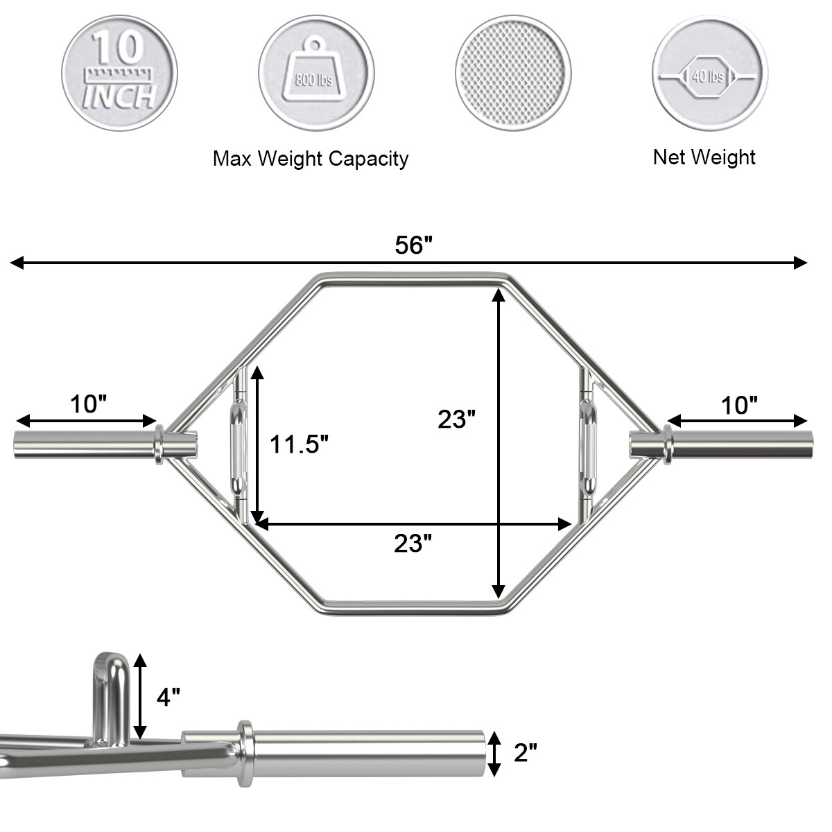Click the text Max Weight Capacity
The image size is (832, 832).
[310, 159]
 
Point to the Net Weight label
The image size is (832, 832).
[704, 157]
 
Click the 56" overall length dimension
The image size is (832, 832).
[413, 245]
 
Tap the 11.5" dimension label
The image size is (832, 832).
[299, 444]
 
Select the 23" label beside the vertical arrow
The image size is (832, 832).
[456, 419]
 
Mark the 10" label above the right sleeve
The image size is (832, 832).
[739, 405]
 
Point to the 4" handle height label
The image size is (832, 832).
[168, 697]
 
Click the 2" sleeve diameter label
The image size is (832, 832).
[525, 753]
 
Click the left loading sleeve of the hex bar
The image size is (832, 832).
[83, 445]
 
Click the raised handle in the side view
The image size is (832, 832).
[110, 695]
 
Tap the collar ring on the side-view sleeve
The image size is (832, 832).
[245, 754]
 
